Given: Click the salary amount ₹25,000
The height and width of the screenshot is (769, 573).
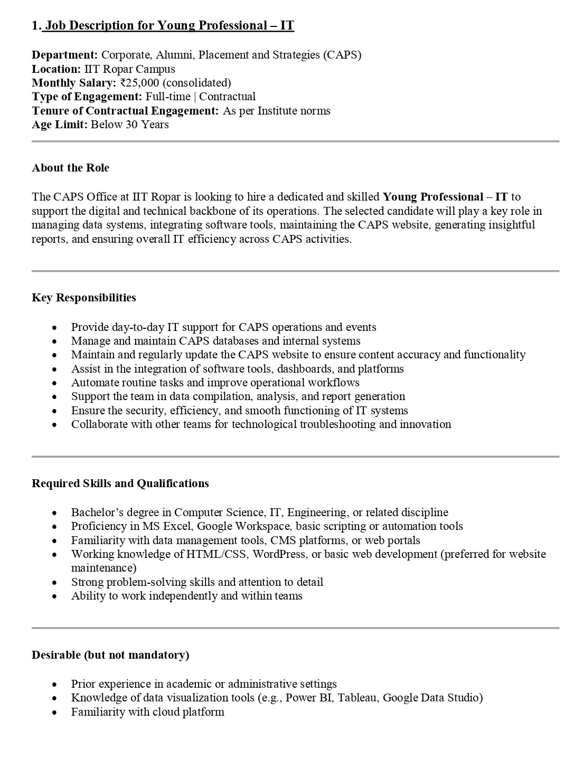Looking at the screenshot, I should (140, 83).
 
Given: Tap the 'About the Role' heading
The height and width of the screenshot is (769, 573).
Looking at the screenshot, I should (70, 168).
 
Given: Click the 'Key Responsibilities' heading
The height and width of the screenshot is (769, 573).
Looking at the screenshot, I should (84, 298).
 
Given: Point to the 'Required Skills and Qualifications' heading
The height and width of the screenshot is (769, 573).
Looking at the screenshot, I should (120, 483).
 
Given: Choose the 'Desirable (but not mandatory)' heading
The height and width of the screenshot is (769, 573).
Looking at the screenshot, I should (110, 655).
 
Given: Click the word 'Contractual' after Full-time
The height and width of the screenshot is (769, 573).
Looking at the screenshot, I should (228, 97).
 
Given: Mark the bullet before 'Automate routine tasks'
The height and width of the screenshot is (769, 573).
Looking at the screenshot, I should (54, 383).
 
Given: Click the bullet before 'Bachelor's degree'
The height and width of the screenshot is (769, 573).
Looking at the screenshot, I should (54, 513).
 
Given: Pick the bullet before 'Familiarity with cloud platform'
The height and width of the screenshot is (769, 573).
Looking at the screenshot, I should (54, 713).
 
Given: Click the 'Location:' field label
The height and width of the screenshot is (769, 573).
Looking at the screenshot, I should (56, 69).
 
